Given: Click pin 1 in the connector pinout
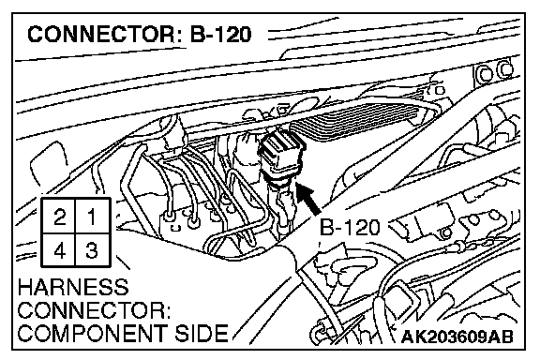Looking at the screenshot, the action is pos(93,216).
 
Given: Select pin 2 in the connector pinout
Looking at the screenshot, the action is pos(58,216).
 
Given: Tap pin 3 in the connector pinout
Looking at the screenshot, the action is pos(93,249).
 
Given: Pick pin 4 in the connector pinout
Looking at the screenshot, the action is pos(58,249).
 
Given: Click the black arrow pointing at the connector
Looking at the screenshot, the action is pos(307,199).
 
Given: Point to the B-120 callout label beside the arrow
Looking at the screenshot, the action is pos(350,228).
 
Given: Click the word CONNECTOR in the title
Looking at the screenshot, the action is pos(101,35).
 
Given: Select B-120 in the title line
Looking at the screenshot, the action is pos(220,35).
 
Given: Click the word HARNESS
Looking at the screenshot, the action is pos(73,288).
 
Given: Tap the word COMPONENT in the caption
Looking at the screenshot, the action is pos(92,333).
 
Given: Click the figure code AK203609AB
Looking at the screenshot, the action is pos(457,337).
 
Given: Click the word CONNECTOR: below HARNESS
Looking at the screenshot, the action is pos(94,310).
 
